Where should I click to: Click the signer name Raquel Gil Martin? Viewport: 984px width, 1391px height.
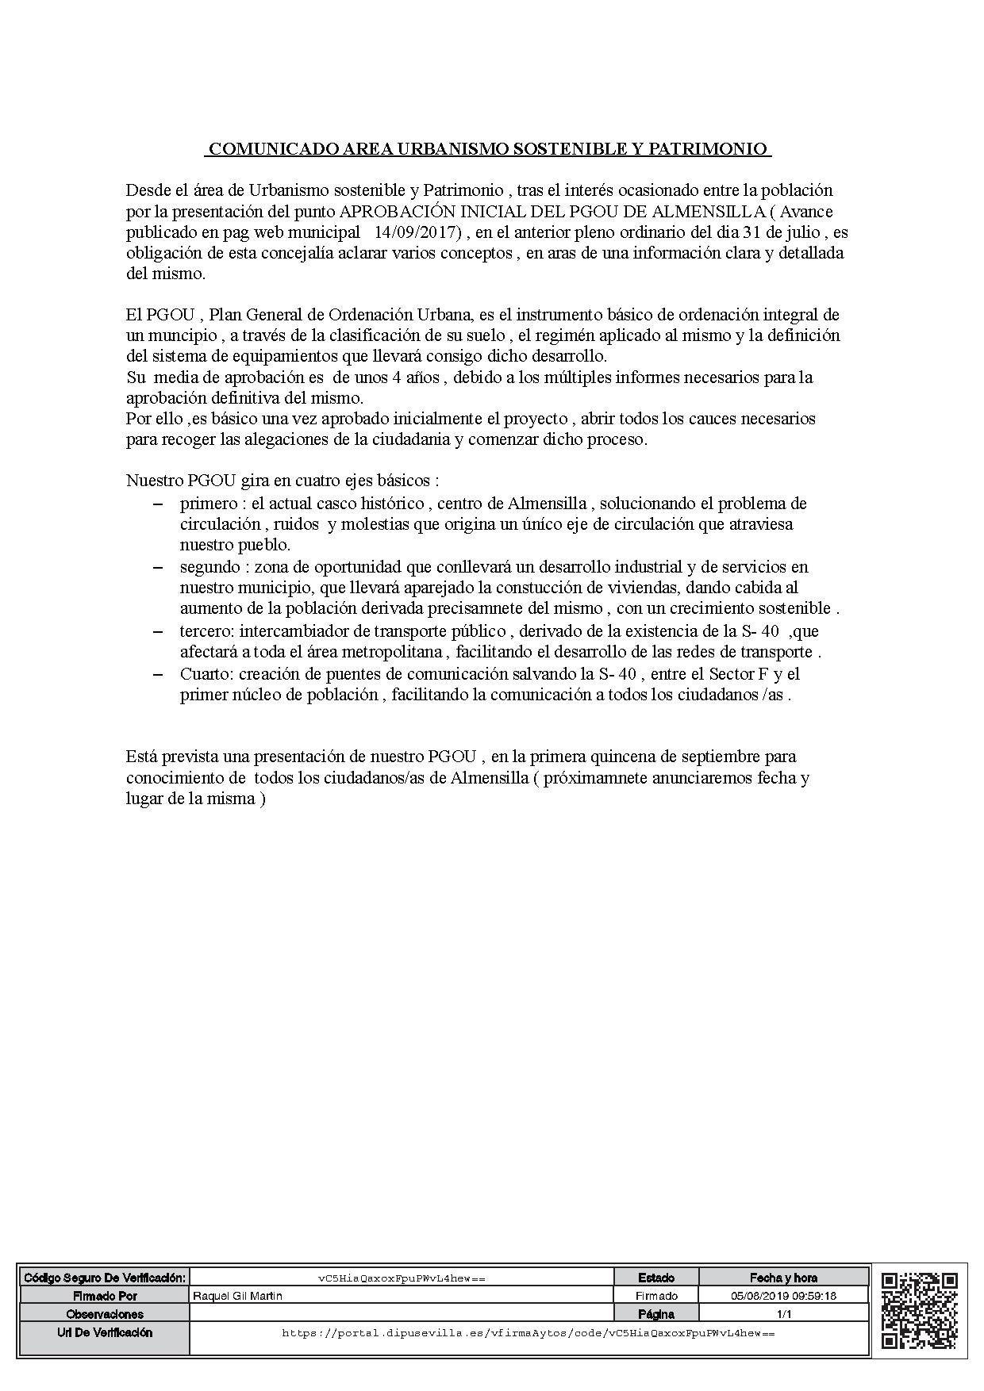click(238, 1296)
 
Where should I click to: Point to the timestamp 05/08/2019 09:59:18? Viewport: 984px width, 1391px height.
click(783, 1296)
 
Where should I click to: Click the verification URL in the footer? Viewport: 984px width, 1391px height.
click(528, 1333)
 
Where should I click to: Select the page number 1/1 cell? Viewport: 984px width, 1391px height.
click(783, 1314)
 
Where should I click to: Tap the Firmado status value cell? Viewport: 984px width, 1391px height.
click(656, 1296)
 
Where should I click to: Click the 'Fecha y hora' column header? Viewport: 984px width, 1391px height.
click(783, 1278)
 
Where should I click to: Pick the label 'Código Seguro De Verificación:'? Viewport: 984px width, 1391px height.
click(105, 1278)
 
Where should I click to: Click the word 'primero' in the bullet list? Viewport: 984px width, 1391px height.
click(208, 504)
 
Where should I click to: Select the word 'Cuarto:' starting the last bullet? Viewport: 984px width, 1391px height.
click(206, 674)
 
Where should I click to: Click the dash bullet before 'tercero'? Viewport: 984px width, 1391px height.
click(159, 631)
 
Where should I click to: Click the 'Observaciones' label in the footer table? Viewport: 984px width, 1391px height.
click(105, 1314)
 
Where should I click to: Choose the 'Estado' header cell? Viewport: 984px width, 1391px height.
click(656, 1278)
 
